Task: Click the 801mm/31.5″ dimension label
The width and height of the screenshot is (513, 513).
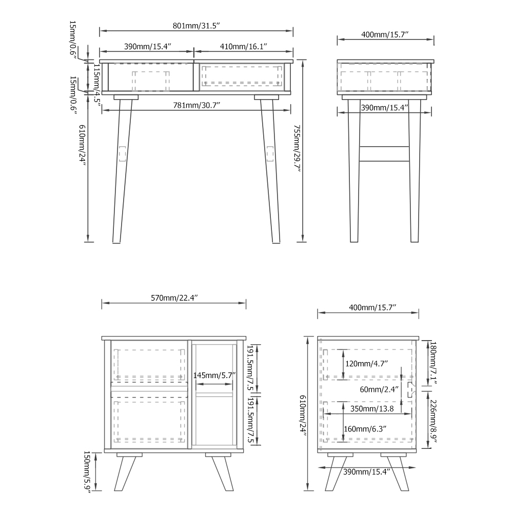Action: [196, 26]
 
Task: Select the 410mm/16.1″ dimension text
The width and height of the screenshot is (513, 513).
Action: [243, 47]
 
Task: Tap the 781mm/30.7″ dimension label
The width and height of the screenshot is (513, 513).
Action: [196, 105]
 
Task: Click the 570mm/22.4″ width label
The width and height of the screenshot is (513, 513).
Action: [174, 298]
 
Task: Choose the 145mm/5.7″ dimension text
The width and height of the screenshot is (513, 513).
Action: [214, 376]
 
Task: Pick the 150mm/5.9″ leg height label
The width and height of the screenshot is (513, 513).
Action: [87, 472]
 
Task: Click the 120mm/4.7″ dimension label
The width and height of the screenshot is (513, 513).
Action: [366, 364]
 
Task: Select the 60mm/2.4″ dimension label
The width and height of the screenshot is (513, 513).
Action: [379, 389]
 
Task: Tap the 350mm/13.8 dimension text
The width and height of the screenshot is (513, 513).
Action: [372, 409]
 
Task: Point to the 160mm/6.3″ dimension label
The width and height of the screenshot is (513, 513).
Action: [365, 429]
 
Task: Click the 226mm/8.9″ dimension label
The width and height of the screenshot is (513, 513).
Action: [434, 421]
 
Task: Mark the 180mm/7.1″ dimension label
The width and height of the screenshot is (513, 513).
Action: [433, 363]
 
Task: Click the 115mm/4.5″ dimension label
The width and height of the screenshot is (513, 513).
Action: [97, 83]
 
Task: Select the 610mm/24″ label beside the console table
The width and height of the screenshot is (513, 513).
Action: [82, 145]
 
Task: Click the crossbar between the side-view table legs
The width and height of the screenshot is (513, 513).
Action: [384, 154]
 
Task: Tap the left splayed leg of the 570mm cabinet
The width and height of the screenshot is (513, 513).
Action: [125, 473]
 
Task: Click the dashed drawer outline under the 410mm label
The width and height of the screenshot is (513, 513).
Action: [242, 76]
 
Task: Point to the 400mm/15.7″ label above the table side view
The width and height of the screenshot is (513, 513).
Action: [385, 35]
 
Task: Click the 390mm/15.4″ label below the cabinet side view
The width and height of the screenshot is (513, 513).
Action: [367, 472]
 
